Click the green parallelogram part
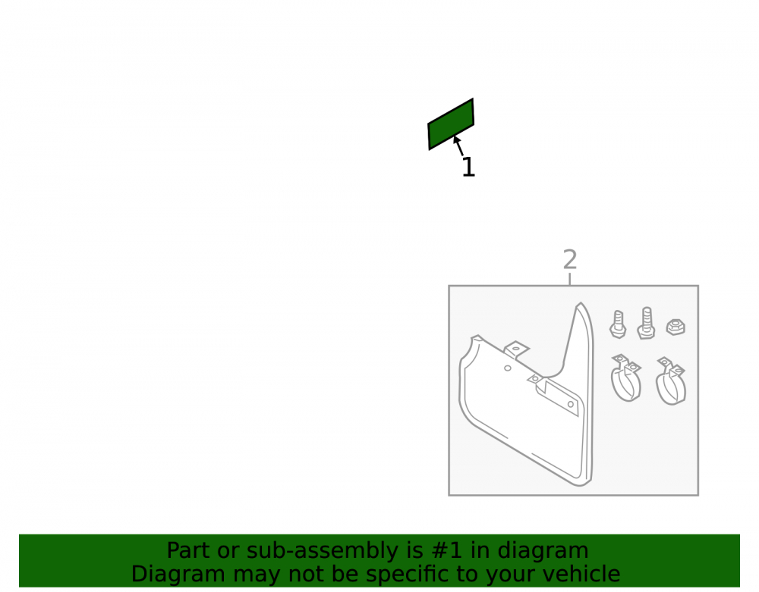click(451, 124)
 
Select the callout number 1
click(468, 168)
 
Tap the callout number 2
click(570, 259)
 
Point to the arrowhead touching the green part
click(456, 139)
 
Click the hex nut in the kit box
click(676, 327)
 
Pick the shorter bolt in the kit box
click(618, 324)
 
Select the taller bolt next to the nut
click(646, 323)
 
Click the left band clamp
click(626, 377)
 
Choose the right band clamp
click(671, 381)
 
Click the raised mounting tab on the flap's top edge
click(516, 349)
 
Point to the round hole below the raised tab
click(507, 368)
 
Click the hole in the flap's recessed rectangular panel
click(571, 404)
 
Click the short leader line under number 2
click(570, 279)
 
